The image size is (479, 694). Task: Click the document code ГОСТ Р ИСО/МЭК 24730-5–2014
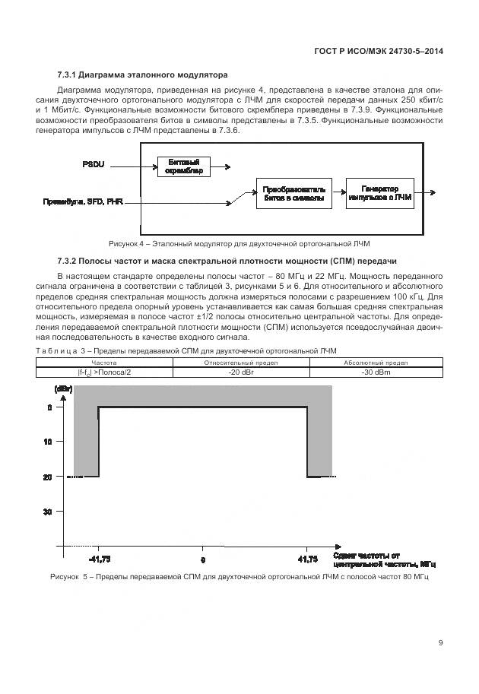click(x=379, y=51)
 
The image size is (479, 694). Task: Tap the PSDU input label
click(x=96, y=165)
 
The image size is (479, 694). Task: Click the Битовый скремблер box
click(x=182, y=166)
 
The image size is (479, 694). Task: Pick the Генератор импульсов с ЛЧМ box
click(x=379, y=193)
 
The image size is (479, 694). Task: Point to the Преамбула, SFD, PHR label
click(x=84, y=202)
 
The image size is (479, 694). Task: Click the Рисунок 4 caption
click(x=239, y=244)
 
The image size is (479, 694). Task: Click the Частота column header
click(x=104, y=363)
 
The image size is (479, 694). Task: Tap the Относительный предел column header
click(x=240, y=363)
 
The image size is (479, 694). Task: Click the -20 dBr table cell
click(x=240, y=372)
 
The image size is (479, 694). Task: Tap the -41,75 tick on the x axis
click(x=99, y=559)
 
